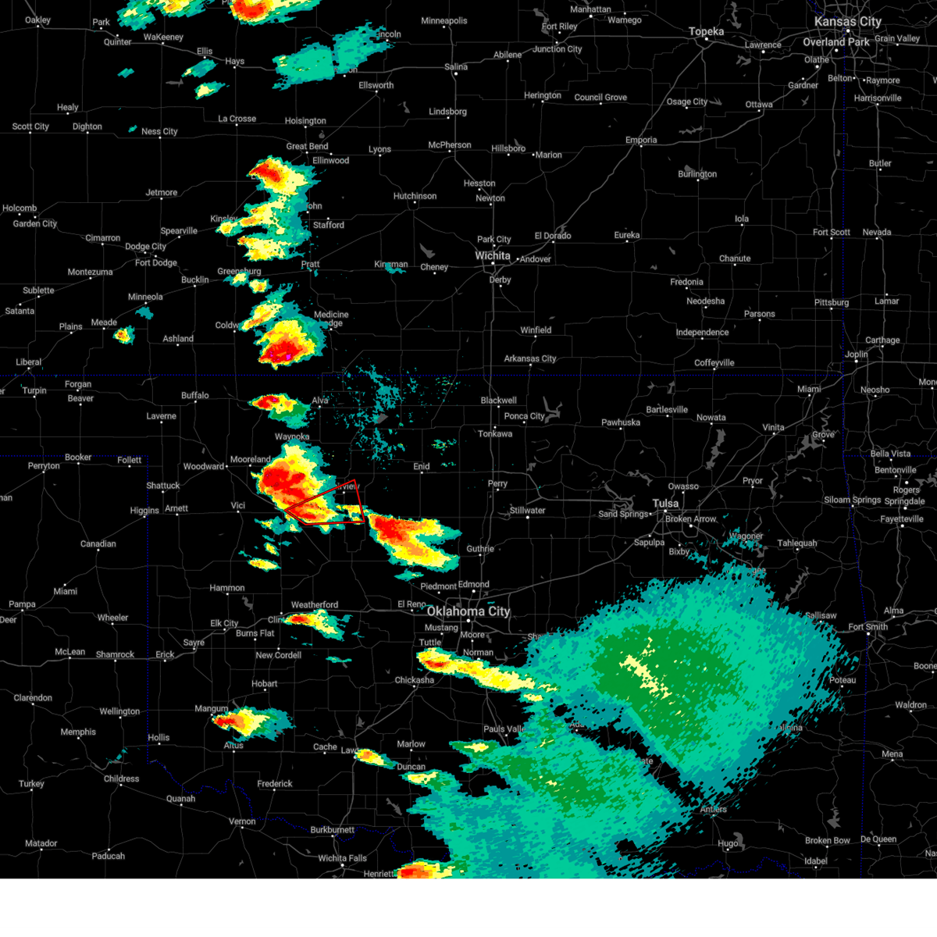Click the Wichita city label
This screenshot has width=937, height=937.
[493, 256]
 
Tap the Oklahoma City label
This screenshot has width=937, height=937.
[468, 611]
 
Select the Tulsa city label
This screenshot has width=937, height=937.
[666, 504]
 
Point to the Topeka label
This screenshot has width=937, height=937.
[706, 32]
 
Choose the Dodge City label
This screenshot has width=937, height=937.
[145, 247]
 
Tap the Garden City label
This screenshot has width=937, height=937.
[34, 224]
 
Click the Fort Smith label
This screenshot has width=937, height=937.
[868, 626]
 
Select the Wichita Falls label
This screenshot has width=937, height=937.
[343, 858]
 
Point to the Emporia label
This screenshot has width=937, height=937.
[641, 141]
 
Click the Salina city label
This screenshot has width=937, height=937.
[456, 67]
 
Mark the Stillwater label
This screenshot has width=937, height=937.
[528, 511]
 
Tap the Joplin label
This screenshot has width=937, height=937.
[856, 354]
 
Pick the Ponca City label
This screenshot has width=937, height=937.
[524, 416]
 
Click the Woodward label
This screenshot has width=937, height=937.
[203, 467]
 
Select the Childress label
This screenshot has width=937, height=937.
[121, 778]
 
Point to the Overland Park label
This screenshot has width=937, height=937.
[835, 42]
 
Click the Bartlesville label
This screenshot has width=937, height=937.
[666, 410]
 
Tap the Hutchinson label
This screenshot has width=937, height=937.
[415, 196]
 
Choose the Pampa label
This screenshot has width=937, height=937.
[22, 604]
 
